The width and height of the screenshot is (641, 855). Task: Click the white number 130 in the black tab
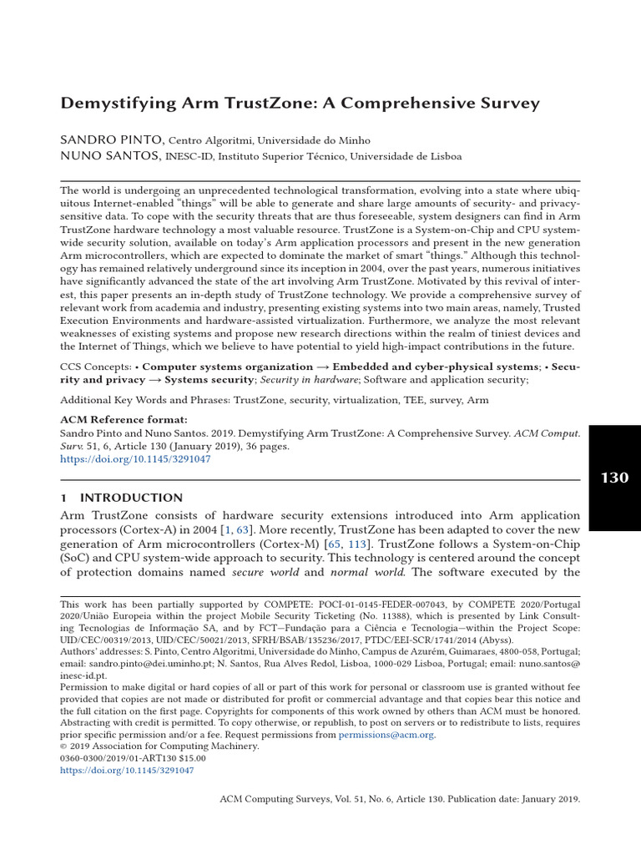(614, 478)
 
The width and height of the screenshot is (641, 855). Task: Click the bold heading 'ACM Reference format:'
(124, 419)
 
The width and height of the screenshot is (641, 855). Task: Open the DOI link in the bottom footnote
(127, 771)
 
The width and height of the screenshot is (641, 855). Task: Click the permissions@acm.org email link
(387, 735)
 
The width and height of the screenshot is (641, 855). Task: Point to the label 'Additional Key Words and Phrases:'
(146, 400)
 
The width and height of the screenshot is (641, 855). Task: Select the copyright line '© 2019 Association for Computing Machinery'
(159, 746)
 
